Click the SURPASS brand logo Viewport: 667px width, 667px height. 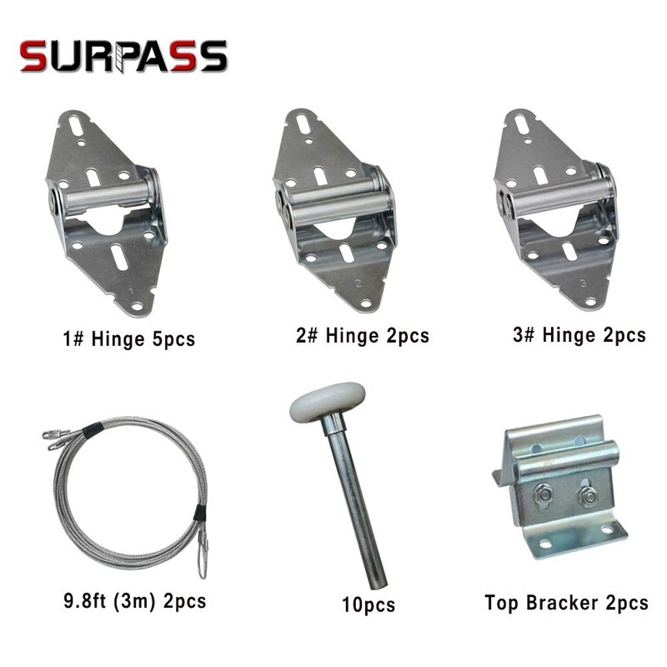123,57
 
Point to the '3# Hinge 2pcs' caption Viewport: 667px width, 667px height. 579,335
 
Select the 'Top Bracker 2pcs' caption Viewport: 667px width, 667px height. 566,602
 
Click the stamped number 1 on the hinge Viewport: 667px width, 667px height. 131,291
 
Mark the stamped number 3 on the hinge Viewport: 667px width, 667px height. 581,284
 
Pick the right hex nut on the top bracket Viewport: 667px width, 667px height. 586,497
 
